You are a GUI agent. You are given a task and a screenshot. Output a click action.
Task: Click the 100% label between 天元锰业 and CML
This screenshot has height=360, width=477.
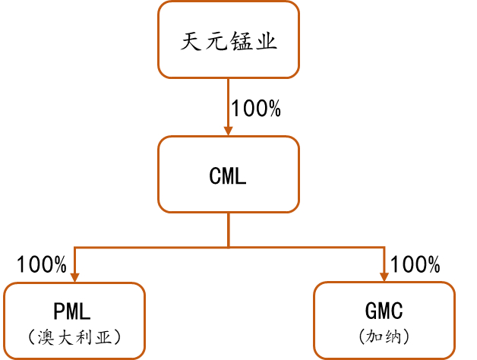pos(256,109)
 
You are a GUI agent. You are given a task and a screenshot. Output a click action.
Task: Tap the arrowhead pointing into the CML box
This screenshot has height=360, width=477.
pos(229,130)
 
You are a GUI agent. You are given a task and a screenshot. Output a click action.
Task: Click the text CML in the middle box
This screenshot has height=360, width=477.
pos(228,177)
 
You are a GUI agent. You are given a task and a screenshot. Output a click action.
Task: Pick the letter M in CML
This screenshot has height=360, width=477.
pos(228,177)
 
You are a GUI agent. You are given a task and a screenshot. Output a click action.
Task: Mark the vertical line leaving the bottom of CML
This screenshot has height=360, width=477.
pos(229,229)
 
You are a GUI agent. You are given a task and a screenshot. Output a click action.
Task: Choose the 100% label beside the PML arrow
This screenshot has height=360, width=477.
pos(42,265)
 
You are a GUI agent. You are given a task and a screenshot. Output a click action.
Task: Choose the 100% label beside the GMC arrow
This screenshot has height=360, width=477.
pos(415,265)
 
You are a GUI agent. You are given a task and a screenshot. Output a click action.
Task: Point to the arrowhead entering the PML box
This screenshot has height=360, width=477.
pos(74,276)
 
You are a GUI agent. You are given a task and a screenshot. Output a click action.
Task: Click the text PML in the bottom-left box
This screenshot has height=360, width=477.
pos(74,311)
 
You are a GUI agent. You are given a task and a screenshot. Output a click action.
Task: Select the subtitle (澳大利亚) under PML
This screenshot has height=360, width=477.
pos(74,336)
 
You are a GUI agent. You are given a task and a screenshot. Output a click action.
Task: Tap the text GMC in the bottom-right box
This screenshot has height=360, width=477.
pos(384,311)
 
